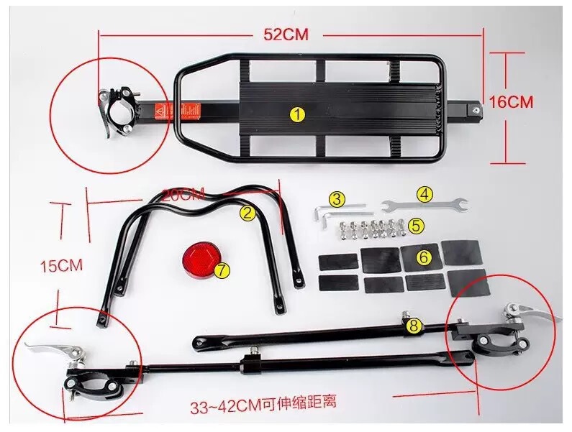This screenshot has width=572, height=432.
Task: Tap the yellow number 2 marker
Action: point(248,212)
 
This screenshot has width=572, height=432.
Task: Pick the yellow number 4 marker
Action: point(425,193)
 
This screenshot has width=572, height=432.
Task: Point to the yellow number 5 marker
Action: point(415,225)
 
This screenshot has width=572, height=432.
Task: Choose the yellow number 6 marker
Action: point(424,257)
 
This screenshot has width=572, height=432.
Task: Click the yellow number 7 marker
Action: point(222,271)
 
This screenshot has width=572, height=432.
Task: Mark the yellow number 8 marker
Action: point(413,326)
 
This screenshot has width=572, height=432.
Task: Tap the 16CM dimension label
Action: point(512,102)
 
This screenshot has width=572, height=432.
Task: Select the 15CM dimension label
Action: point(61,265)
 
